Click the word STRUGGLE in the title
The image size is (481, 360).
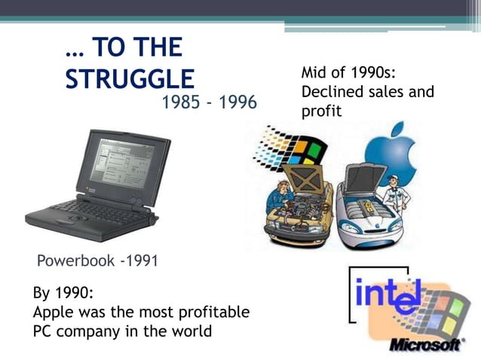coord(130,79)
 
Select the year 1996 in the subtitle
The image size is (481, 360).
coord(237,101)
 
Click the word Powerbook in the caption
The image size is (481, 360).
coord(75,262)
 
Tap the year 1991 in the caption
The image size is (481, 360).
coord(140,262)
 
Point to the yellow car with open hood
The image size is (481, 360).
coord(302,215)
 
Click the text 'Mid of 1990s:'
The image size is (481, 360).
coord(349,73)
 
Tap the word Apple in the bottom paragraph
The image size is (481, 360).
coord(56,312)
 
